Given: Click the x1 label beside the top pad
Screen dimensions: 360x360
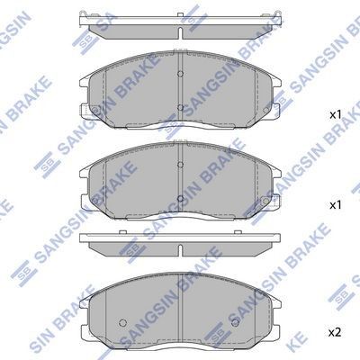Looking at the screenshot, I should click(334, 115).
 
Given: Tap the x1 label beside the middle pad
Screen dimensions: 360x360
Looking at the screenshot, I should click(334, 205).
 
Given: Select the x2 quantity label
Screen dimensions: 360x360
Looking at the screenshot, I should click(334, 332).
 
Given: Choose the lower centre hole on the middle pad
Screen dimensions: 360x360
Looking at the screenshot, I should click(181, 198).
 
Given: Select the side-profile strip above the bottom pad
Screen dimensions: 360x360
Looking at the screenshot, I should click(181, 241).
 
